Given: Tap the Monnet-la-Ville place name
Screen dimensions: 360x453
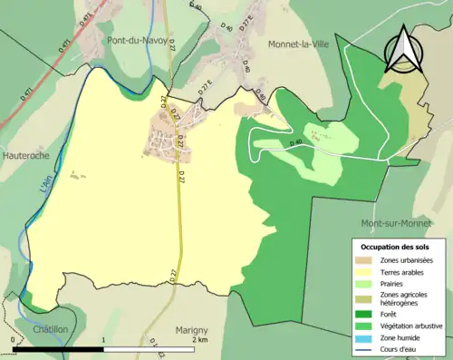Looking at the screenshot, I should pos(302,43).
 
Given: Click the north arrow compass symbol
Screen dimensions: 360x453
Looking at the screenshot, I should pos(402,52).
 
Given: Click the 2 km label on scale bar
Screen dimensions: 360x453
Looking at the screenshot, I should pos(198,339).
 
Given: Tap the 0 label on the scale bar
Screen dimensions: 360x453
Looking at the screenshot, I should pos(13,339).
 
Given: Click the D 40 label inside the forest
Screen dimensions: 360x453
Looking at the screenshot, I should pos(296,142).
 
